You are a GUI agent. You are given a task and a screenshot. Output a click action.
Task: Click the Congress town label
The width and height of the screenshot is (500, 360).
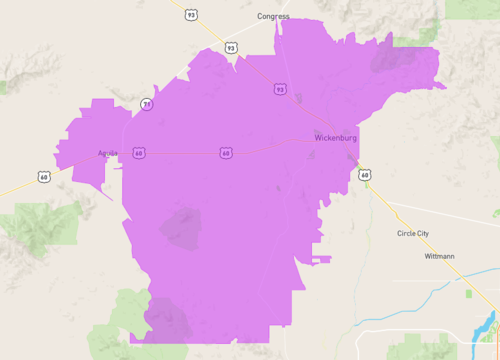(x=273, y=16)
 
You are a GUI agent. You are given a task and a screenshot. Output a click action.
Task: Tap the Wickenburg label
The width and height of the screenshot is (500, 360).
(x=334, y=137)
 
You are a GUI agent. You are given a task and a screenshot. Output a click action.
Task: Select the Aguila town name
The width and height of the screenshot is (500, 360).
(x=107, y=153)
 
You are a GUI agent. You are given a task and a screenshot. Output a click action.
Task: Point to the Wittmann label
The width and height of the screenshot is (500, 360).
(x=438, y=256)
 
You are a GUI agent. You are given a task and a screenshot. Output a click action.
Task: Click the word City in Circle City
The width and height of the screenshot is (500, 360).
(x=424, y=234)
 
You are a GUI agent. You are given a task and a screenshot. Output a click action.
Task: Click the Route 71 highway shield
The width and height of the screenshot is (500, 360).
(x=147, y=103)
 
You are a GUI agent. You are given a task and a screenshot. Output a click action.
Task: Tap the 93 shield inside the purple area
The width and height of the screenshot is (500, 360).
(x=280, y=89)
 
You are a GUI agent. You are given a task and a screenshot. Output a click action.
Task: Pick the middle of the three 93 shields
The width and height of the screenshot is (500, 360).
(x=231, y=47)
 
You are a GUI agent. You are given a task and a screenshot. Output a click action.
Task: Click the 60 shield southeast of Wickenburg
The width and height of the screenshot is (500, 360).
(x=364, y=176)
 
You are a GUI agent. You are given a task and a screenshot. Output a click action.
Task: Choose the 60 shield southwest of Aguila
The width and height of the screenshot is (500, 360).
(x=44, y=177)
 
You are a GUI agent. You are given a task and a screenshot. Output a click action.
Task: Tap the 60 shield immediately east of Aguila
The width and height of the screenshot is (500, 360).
(x=138, y=153)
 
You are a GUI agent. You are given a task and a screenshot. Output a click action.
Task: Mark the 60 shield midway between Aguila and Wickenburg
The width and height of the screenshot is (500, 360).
(x=226, y=153)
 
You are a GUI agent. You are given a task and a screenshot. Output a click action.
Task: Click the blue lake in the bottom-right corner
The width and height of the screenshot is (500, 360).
(x=489, y=326)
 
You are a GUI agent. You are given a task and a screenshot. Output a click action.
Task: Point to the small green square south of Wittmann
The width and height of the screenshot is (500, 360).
(x=471, y=294)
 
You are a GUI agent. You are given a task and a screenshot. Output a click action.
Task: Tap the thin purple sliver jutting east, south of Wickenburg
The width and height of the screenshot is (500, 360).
(x=320, y=259)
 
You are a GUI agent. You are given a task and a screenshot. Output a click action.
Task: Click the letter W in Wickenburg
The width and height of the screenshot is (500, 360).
(x=317, y=137)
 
